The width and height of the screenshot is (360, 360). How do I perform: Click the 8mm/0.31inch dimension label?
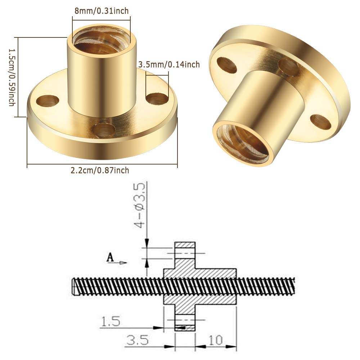point(102,11)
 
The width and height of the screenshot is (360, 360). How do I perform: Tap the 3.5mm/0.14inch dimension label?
point(169,64)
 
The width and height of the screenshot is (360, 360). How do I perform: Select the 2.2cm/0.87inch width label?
point(100,170)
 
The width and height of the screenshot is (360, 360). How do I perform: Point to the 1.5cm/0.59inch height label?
point(12,77)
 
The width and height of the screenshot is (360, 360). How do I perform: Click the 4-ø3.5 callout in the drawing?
point(140,206)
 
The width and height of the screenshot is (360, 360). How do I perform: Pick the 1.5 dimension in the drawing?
point(111,321)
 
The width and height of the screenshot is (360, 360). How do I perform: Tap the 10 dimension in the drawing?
point(216,340)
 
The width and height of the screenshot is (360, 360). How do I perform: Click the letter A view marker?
point(111,257)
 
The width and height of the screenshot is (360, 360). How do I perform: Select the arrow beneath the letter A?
point(117,263)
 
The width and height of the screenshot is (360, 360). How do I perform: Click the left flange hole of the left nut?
point(48,100)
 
